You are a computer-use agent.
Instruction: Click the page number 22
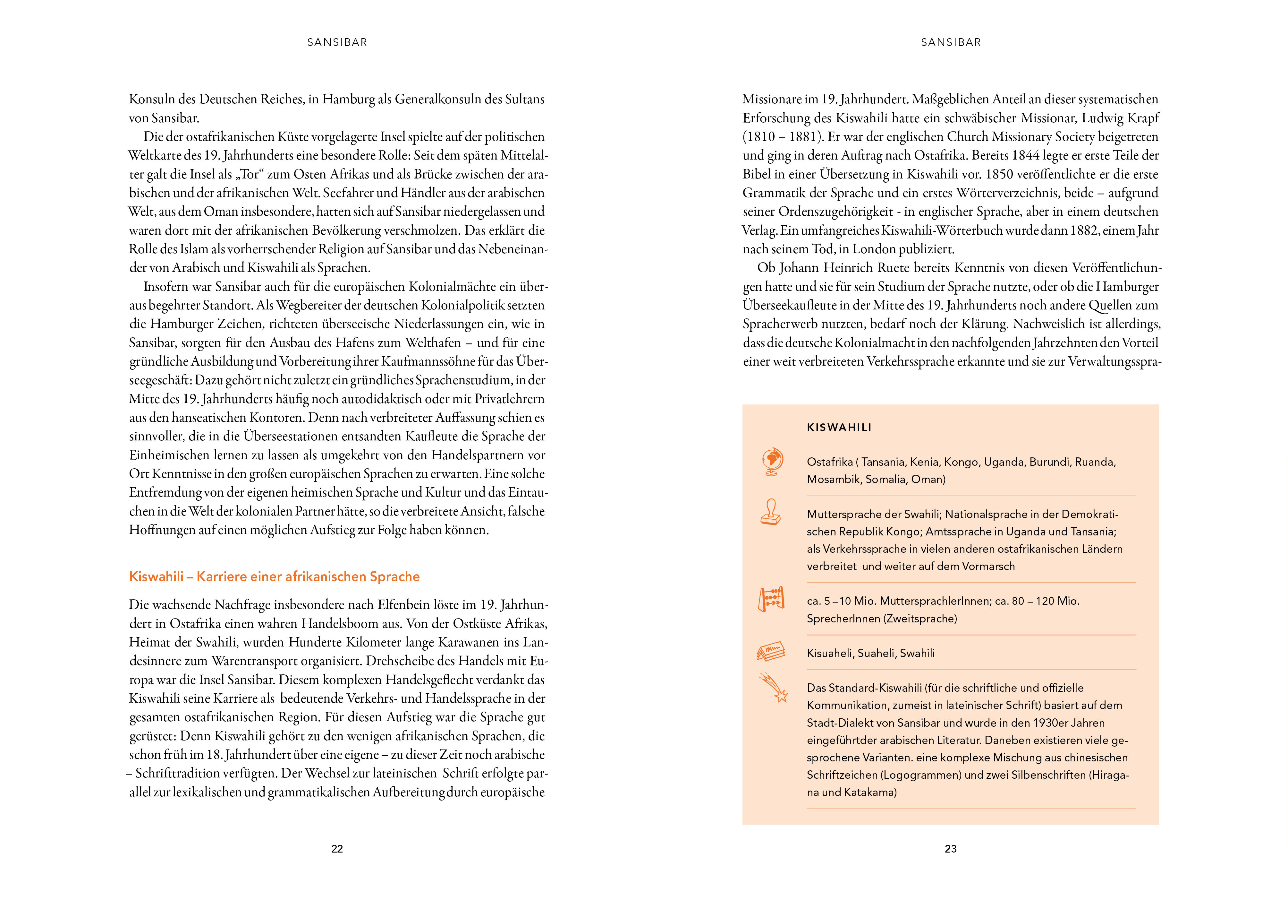click(337, 849)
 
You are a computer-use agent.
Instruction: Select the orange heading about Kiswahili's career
click(274, 576)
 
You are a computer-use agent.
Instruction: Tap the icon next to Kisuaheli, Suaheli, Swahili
click(771, 652)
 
